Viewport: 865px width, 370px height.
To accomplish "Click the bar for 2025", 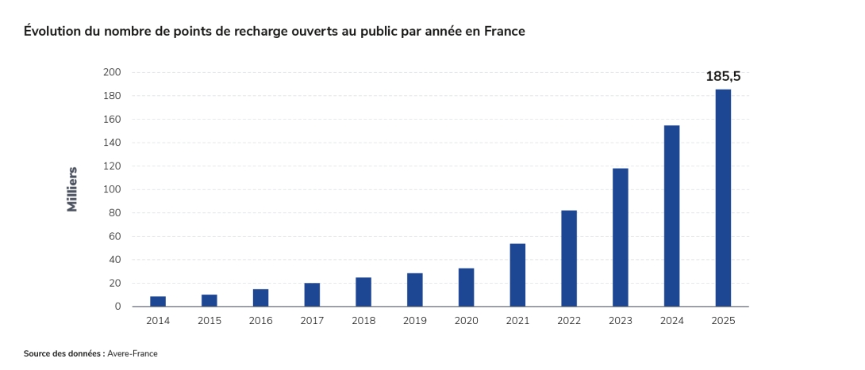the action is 723,197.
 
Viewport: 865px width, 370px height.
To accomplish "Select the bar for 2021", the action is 517,275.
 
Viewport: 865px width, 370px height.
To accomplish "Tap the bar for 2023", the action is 620,238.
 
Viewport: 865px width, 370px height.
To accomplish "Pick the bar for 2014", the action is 158,301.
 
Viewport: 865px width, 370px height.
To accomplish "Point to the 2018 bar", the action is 363,292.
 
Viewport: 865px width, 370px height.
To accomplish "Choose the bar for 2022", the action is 569,258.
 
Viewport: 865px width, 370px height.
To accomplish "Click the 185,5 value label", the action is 723,77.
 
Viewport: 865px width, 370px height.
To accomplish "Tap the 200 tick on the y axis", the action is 111,72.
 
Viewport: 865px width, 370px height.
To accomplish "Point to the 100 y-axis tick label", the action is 111,189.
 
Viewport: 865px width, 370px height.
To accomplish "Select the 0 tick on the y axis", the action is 117,307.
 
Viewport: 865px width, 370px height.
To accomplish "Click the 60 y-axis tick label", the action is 114,236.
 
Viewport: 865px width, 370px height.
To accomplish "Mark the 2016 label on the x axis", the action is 261,321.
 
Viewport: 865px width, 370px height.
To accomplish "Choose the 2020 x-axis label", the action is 466,321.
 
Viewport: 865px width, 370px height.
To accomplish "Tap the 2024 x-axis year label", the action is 672,321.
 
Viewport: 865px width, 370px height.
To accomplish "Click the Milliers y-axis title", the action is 72,189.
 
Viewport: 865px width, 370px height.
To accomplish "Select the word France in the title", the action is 504,32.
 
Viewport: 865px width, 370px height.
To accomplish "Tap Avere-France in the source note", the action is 133,353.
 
